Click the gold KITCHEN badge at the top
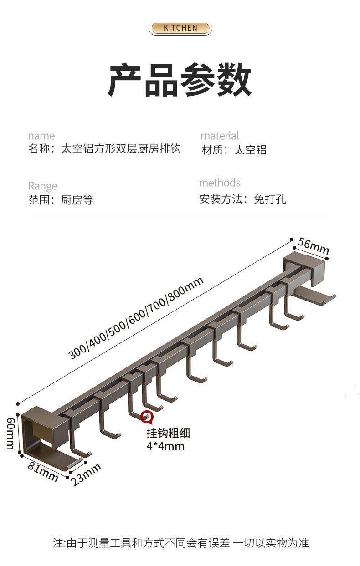point(180,28)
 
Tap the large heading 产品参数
point(180,80)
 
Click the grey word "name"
point(41,136)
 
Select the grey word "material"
point(220,136)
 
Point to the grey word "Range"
point(42,186)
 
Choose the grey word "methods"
point(219,183)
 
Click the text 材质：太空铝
point(234,150)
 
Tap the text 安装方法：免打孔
point(243,199)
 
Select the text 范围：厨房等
point(61,200)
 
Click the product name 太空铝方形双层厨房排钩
point(121,149)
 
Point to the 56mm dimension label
point(314,246)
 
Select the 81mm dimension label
point(43,471)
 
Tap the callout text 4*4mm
point(165,446)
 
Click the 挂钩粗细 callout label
point(168,433)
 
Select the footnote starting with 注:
point(180,543)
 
